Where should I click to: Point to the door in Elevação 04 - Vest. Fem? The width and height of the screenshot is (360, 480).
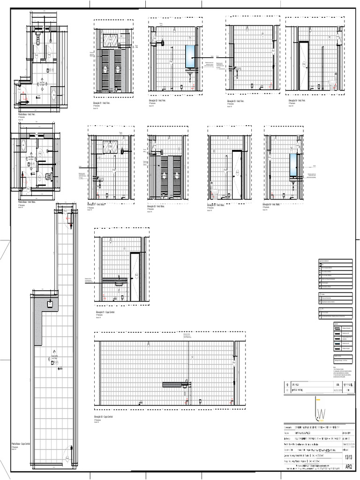pos(304,65)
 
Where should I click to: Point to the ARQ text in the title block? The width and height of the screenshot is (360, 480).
pos(348,467)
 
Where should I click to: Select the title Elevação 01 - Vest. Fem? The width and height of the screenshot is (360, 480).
pos(104,100)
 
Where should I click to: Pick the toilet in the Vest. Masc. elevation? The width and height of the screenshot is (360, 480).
pos(216,190)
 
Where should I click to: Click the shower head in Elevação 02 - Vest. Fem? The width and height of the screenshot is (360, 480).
pos(161,43)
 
